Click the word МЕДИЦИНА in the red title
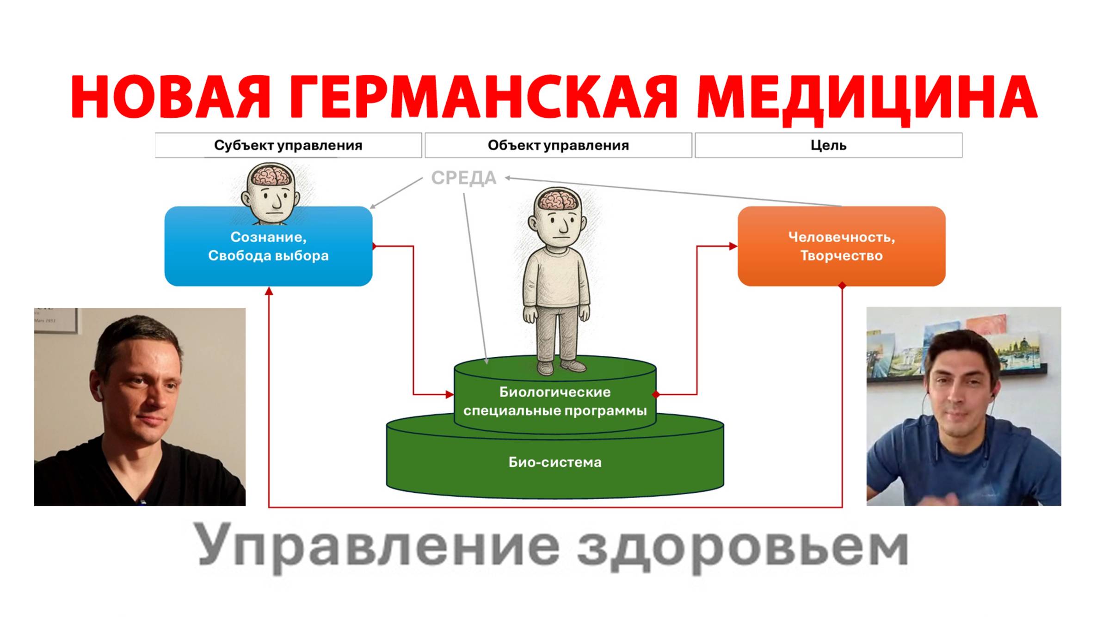tap(866, 98)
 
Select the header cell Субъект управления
tap(288, 145)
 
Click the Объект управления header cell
tap(558, 145)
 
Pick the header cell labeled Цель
tap(828, 145)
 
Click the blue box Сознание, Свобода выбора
tap(268, 246)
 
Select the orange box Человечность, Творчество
tap(841, 246)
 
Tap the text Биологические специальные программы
tap(555, 401)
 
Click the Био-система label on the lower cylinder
tap(555, 462)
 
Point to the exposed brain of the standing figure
tap(557, 200)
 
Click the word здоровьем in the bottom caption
tap(743, 548)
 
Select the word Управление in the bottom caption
tap(379, 548)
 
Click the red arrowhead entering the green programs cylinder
tap(450, 394)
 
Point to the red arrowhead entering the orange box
tap(733, 246)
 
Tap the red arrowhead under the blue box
tap(269, 291)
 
